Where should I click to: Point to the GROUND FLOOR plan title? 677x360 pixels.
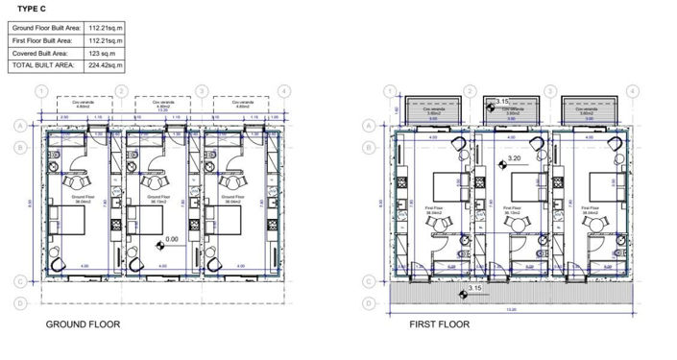(x=83, y=325)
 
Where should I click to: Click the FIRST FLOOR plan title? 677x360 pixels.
(x=439, y=325)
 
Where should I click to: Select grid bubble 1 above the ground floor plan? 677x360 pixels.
(x=40, y=91)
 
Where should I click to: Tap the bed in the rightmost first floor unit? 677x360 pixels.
(x=599, y=183)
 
